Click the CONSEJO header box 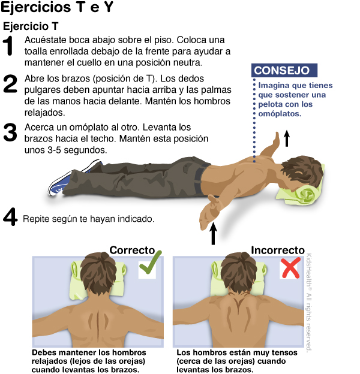click(284, 70)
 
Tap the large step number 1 click(9, 46)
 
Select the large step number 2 click(10, 83)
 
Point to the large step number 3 click(10, 132)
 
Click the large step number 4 click(10, 216)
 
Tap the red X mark click(290, 267)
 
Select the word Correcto click(132, 250)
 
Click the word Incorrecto click(278, 250)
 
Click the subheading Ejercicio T click(31, 26)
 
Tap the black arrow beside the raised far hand click(287, 138)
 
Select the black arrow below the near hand click(213, 234)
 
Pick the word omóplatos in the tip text click(280, 114)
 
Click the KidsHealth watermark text click(309, 302)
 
